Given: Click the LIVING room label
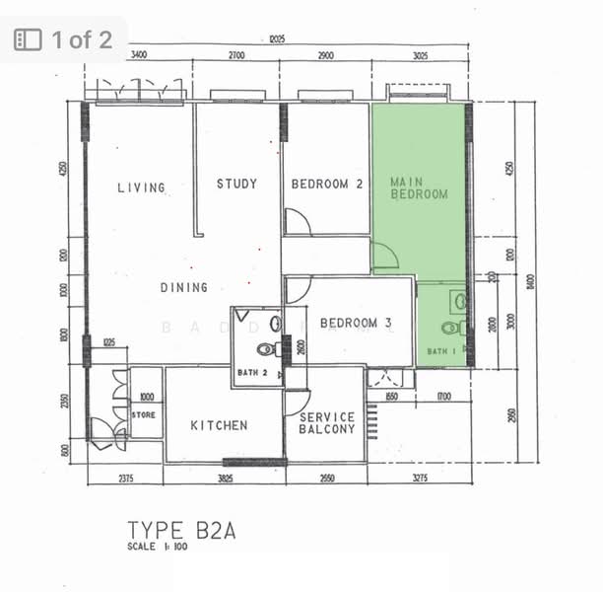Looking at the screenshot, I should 141,187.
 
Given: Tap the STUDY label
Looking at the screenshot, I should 237,184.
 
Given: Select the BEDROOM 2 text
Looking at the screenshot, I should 328,185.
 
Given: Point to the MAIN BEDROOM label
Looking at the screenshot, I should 419,188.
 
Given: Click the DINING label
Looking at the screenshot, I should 184,287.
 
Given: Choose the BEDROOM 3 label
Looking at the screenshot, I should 356,323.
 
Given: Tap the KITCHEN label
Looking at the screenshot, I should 219,425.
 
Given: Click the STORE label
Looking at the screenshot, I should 144,415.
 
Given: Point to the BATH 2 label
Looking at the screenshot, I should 253,372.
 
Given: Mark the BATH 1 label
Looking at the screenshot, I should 440,351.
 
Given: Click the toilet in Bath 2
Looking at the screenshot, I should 266,348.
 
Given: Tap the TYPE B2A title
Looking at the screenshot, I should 181,532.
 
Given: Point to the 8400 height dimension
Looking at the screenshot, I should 531,282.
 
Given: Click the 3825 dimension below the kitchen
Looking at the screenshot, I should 225,480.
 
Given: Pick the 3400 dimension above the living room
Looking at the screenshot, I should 139,55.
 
